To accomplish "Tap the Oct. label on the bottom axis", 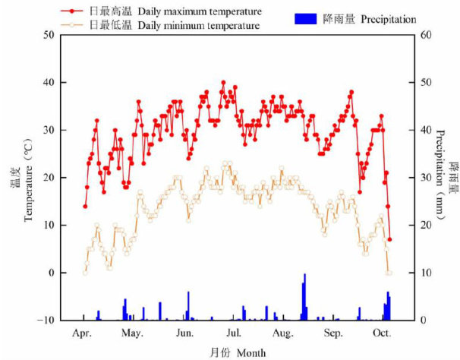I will pos(381,333).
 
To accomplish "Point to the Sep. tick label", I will pos(332,333).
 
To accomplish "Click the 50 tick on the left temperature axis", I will pos(49,35).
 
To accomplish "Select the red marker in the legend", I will pos(74,12).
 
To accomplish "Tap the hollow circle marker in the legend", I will pos(74,25).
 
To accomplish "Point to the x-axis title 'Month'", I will pos(250,352).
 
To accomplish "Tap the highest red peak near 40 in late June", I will pos(223,83).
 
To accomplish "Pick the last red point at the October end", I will pos(389,239).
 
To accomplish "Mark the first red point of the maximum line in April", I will pos(85,206).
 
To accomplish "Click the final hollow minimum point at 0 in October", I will pos(389,273).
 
